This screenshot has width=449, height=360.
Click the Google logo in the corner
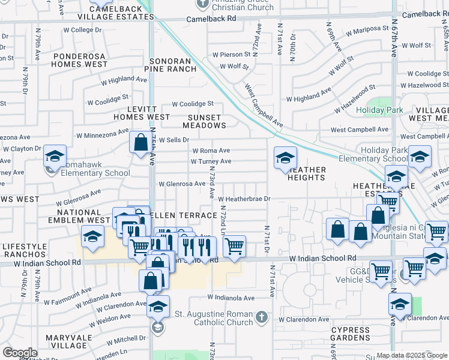click(x=20, y=353)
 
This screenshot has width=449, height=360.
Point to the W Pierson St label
click(x=231, y=55)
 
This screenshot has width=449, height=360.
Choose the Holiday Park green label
click(x=379, y=110)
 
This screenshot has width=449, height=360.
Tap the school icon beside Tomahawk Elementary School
click(x=55, y=157)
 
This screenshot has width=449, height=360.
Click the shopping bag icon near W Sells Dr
click(x=140, y=143)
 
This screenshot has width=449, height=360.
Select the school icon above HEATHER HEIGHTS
click(x=285, y=158)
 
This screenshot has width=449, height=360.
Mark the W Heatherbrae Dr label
click(x=245, y=199)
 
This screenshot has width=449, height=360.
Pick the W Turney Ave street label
click(x=211, y=161)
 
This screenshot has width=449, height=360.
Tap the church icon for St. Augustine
click(x=261, y=317)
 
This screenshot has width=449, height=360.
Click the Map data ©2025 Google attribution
click(x=412, y=355)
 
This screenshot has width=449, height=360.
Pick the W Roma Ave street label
click(x=211, y=151)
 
